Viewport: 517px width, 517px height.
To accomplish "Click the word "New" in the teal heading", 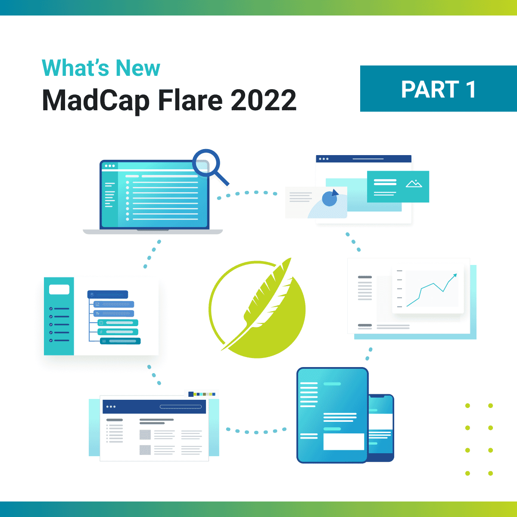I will coord(138,68).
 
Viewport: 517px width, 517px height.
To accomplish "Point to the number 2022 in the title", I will coord(263,100).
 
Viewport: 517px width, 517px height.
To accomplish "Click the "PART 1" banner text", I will coord(438,89).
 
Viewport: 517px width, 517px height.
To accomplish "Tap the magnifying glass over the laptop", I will coord(207,164).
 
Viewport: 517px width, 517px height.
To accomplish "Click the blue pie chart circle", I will coord(330,199).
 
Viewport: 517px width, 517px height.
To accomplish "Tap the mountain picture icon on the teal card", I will coord(414,184).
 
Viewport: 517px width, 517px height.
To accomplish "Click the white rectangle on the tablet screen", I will coord(343,442).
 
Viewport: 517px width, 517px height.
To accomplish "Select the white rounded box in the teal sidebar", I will coord(59,290).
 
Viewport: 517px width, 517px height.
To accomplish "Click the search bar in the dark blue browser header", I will coord(181,407).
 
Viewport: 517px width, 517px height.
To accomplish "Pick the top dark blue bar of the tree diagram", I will coord(108,295).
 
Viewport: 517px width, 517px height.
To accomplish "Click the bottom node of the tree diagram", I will coord(120,341).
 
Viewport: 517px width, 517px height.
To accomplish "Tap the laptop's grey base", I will coord(153,232).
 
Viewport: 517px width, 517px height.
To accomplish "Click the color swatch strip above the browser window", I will coord(202,394).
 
